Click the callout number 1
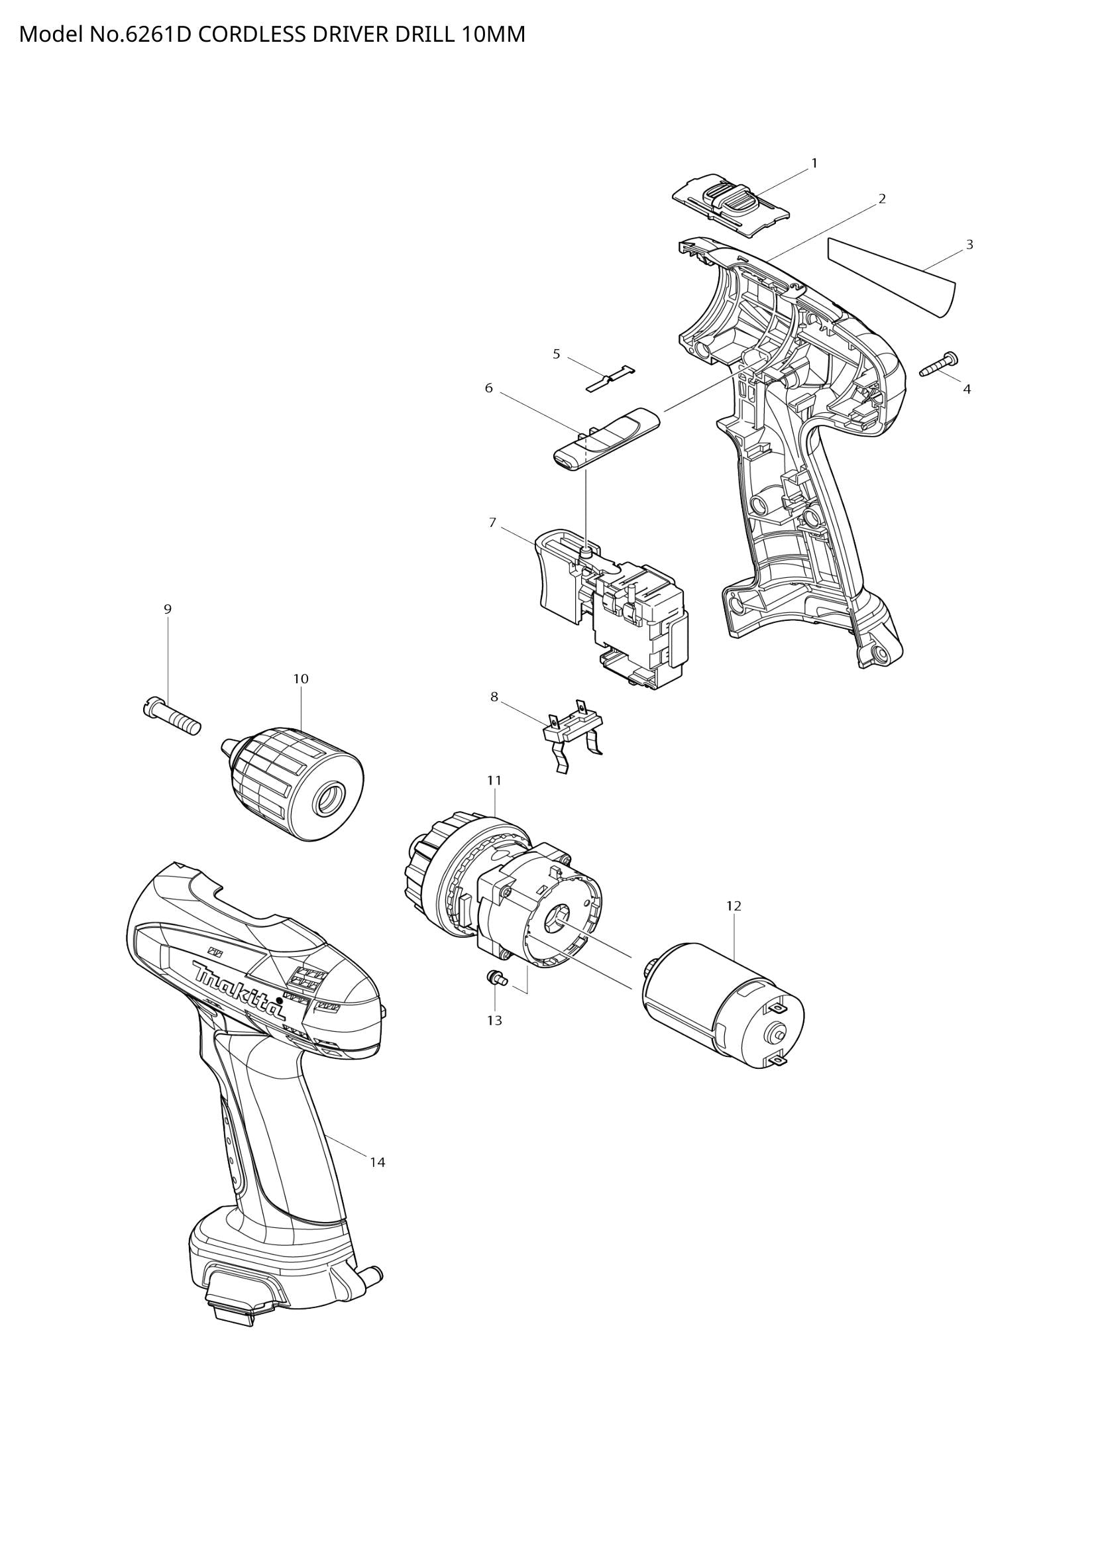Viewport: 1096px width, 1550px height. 814,163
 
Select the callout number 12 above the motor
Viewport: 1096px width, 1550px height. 734,906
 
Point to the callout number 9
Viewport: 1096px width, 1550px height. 168,608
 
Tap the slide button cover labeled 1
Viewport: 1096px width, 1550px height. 730,205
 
